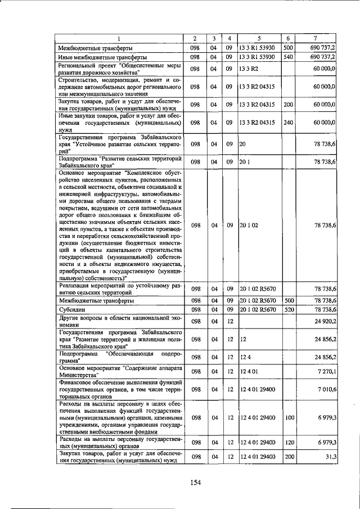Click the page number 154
coord(195,482)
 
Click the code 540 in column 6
coord(288,57)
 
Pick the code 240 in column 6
coord(288,122)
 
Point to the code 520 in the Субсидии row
coord(288,309)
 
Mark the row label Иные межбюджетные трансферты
coord(103,57)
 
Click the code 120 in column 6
coord(288,442)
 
